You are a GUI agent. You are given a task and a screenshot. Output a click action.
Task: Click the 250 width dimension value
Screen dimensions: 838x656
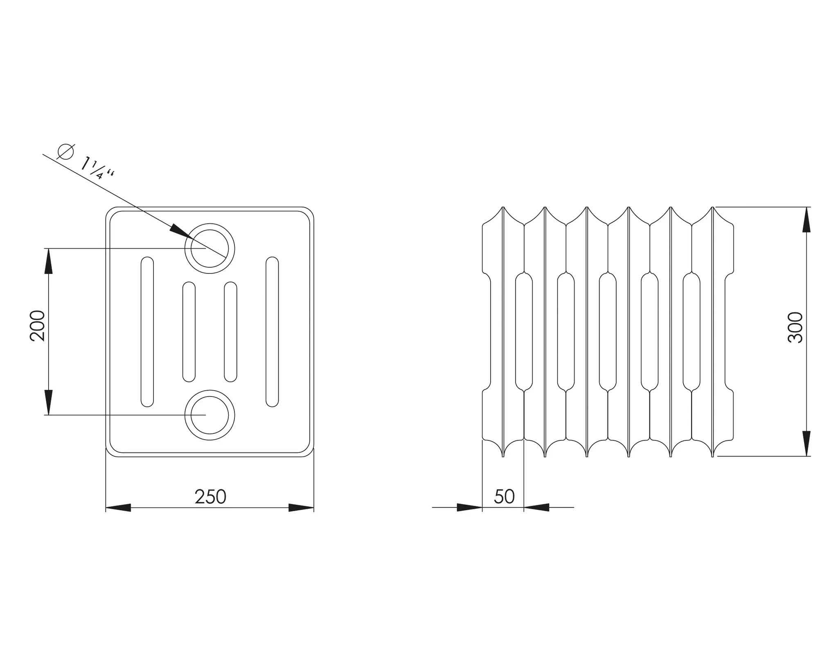(210, 497)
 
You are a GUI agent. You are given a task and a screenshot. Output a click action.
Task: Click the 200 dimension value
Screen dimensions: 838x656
(38, 326)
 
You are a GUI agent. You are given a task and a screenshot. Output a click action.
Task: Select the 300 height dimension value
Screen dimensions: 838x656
(795, 327)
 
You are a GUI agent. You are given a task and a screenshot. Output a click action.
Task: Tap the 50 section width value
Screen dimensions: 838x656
(504, 497)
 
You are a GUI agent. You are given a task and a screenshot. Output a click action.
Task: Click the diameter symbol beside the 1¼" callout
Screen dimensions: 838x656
(65, 151)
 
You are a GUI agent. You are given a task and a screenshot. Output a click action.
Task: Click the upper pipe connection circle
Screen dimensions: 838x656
(210, 248)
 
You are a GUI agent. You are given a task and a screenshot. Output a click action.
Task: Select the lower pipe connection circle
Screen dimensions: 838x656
(210, 415)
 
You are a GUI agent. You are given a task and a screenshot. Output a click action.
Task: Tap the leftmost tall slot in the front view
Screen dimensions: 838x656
(147, 332)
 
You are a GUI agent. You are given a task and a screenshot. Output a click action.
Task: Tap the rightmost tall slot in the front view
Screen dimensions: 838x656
(272, 332)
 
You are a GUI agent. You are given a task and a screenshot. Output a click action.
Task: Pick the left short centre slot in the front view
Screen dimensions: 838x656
(189, 332)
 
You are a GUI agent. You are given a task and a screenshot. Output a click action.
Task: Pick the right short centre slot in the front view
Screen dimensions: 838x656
(231, 332)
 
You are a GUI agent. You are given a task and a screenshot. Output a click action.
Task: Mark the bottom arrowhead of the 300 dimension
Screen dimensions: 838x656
(806, 444)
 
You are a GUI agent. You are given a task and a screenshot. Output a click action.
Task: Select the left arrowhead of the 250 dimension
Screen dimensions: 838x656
(118, 508)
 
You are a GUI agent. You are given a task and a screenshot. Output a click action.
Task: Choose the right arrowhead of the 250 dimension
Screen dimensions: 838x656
(301, 508)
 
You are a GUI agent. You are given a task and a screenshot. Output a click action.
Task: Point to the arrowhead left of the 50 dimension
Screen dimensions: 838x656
(470, 507)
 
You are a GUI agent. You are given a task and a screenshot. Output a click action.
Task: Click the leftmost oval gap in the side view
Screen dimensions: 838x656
(524, 332)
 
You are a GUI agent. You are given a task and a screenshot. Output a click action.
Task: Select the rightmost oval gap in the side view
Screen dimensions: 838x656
(692, 332)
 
